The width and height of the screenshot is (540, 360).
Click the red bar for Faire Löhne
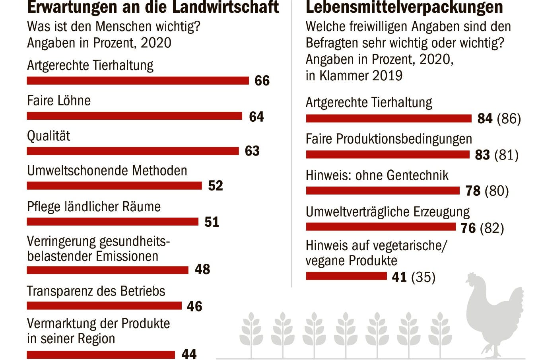coord(134,116)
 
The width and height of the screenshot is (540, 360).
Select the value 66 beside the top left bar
coord(262,80)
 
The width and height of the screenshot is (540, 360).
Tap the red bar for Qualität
coord(133,151)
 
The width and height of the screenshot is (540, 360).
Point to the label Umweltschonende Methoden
coord(107,171)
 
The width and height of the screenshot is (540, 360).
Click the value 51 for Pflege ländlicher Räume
coord(212,222)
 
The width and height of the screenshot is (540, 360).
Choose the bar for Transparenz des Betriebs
coord(104,306)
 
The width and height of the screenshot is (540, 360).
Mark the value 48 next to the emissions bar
coord(202,269)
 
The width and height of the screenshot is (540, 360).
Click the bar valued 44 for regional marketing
coord(101,354)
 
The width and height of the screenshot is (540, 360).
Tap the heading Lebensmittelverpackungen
coord(404,7)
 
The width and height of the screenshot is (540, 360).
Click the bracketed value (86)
coord(509,119)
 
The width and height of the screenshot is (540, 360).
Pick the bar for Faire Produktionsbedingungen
coord(388,154)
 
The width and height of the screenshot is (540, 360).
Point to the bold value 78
coord(473,191)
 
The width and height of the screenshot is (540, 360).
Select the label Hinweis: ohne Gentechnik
coord(377,175)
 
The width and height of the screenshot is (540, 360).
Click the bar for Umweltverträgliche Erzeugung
coord(381,227)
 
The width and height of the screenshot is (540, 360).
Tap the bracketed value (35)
coord(423,277)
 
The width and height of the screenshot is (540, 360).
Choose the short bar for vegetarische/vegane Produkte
coord(346,276)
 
